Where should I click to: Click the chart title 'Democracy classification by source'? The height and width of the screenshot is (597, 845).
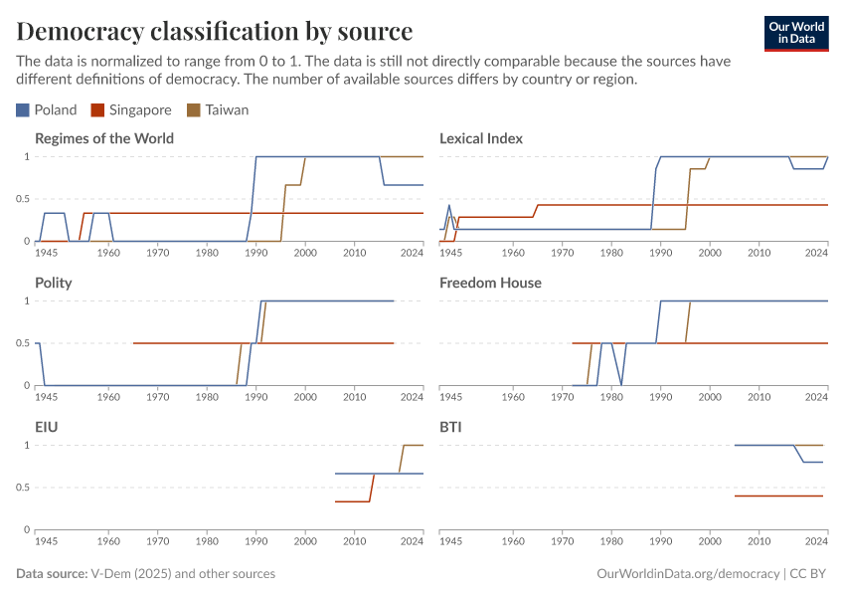215,30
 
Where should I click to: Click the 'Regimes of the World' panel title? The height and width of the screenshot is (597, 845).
104,138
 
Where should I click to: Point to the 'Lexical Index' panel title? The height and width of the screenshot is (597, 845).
481,138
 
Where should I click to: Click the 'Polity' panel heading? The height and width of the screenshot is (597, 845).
53,283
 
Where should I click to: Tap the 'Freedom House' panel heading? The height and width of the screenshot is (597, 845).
490,283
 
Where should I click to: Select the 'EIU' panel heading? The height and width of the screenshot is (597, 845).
46,427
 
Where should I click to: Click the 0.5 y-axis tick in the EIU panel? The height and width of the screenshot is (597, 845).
23,488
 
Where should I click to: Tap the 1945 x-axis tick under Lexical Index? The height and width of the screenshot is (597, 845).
450,254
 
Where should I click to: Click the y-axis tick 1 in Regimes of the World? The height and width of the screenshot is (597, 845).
27,157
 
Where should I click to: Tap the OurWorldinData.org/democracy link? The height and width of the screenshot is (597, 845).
688,574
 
